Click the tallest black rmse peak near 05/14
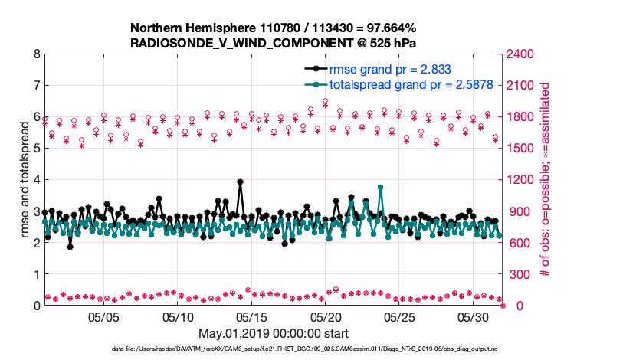click(x=240, y=182)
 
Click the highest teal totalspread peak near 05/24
click(x=380, y=187)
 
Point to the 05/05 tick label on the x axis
click(x=104, y=316)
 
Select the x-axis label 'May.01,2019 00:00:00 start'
click(x=274, y=333)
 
